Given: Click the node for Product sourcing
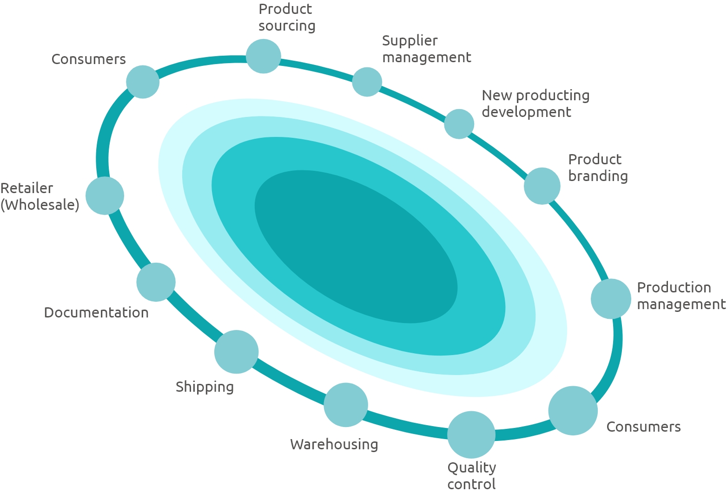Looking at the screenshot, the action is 263,56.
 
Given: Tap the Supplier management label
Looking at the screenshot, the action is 426,49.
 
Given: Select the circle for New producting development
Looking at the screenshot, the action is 459,124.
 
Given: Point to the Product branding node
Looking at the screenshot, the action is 542,186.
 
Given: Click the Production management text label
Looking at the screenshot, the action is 681,296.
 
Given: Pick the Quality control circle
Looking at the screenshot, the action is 471,434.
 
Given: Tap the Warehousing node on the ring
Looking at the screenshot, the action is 346,405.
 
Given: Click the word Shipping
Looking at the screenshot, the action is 205,387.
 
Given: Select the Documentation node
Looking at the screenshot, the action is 156,282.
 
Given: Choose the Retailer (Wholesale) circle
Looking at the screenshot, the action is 105,195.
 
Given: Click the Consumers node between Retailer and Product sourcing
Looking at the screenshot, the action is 143,82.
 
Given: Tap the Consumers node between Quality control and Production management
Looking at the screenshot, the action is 573,410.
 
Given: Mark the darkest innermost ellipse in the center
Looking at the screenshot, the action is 356,246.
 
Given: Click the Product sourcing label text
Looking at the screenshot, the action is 287,18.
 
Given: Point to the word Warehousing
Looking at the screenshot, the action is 334,444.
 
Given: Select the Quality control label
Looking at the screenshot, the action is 472,475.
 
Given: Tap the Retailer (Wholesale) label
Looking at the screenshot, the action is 40,197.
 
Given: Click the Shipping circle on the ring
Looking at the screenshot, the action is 236,352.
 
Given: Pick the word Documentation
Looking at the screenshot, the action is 96,312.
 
